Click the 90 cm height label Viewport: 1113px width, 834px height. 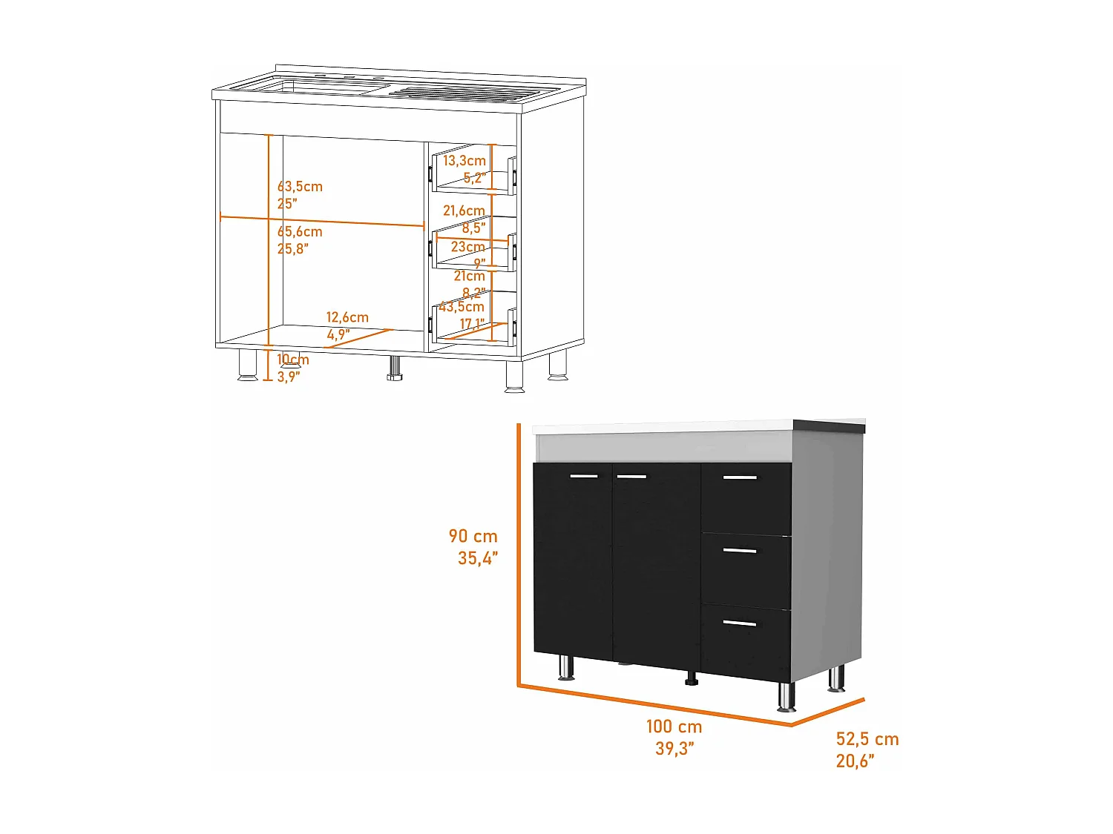[473, 536]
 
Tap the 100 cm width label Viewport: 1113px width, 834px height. [674, 727]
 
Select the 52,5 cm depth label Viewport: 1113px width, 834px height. [867, 739]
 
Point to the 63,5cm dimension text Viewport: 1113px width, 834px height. [301, 186]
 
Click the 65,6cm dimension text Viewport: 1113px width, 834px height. [301, 232]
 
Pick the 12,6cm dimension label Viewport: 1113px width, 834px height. [347, 317]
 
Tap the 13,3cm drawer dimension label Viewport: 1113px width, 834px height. [464, 160]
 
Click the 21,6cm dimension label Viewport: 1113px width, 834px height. [464, 211]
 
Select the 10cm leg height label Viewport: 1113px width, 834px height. [293, 360]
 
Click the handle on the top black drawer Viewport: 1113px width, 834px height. [740, 477]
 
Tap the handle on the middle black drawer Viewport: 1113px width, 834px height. [740, 551]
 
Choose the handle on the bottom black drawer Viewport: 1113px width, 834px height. [740, 623]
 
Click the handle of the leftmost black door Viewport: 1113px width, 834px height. [583, 476]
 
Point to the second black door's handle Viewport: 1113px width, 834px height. [631, 476]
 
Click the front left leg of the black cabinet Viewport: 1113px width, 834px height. [565, 667]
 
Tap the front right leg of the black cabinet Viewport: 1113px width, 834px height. [786, 696]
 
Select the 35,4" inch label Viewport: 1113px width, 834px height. [478, 558]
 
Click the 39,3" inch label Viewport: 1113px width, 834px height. [674, 749]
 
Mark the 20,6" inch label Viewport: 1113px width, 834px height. [855, 761]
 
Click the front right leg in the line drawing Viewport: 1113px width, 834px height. [514, 377]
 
